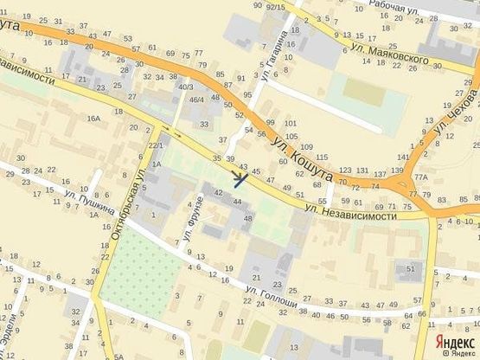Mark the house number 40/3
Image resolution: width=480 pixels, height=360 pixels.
(x=185, y=87)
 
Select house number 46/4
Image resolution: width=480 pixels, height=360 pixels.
(x=196, y=100)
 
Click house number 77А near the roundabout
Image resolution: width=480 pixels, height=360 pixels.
(x=421, y=177)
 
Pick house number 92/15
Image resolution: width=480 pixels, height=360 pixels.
(x=276, y=7)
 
